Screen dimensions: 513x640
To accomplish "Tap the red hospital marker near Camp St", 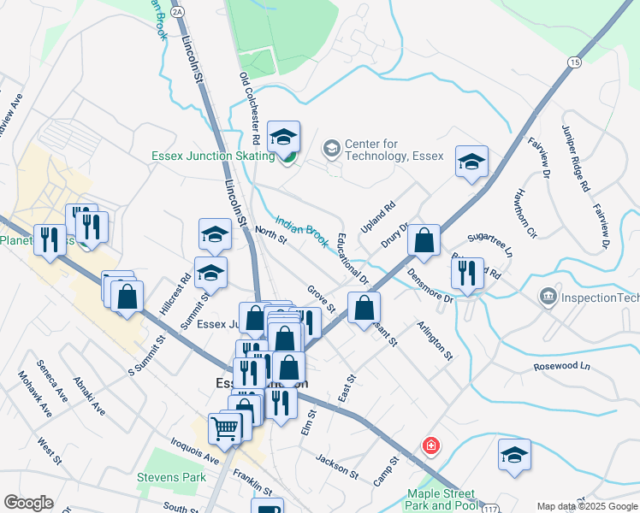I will pyautogui.click(x=432, y=446).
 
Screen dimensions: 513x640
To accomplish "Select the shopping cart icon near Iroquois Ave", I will pyautogui.click(x=225, y=427).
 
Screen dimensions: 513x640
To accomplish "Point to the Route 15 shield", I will pyautogui.click(x=574, y=62).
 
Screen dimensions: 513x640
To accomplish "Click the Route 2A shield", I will pyautogui.click(x=177, y=11).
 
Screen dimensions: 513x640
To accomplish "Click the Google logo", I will pyautogui.click(x=28, y=503).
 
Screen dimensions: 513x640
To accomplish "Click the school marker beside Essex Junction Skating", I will pyautogui.click(x=283, y=136).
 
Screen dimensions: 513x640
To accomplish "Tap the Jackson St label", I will pyautogui.click(x=336, y=465).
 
